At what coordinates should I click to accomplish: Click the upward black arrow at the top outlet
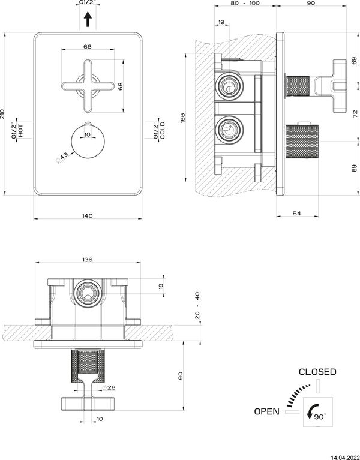click(88, 19)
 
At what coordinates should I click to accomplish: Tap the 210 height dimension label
click(2, 113)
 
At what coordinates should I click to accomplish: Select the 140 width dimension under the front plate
click(88, 216)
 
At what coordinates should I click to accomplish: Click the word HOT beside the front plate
click(21, 130)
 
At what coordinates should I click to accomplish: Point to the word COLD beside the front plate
click(162, 130)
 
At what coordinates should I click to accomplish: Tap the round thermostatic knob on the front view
click(88, 143)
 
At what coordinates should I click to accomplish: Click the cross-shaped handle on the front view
click(88, 86)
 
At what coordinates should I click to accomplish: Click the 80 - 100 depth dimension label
click(245, 3)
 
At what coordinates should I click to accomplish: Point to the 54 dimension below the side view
click(297, 214)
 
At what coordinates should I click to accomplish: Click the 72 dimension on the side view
click(355, 114)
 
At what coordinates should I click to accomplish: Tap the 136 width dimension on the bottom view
click(88, 259)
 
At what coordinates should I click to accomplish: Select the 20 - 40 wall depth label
click(197, 305)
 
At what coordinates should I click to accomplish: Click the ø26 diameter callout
click(109, 387)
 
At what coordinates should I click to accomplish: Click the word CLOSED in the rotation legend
click(317, 372)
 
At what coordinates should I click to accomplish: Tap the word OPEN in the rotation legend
click(266, 411)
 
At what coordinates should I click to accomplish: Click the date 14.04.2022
click(345, 458)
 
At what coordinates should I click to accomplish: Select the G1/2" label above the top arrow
click(88, 2)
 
